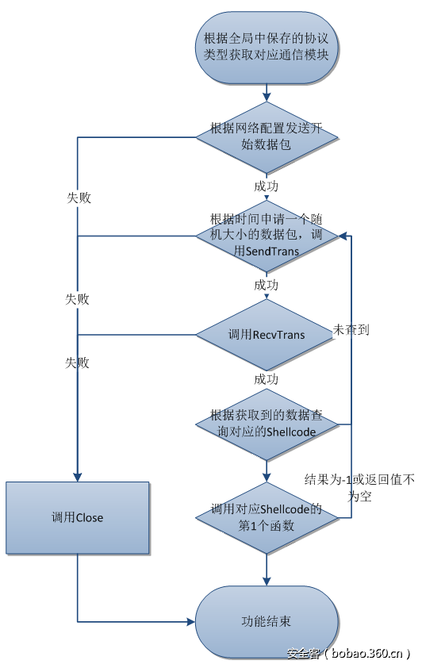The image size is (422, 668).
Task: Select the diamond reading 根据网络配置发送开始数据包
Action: (267, 136)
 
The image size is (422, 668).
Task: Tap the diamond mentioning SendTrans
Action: (267, 235)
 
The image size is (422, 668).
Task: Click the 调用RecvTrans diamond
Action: (267, 335)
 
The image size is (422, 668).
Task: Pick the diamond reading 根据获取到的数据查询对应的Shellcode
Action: (267, 424)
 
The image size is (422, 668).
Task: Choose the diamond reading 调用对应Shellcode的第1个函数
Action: (267, 517)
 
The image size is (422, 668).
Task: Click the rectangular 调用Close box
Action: (78, 517)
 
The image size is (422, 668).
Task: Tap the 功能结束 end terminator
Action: (267, 620)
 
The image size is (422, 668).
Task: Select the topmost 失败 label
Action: (79, 198)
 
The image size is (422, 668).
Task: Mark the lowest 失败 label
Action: (78, 363)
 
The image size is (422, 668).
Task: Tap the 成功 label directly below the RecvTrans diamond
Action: (266, 379)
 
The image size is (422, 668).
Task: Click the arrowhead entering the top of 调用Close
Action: (78, 477)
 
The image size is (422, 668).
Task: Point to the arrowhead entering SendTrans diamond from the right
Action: (342, 236)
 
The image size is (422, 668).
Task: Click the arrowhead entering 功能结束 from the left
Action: (191, 621)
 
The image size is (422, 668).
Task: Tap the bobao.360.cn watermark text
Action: (348, 654)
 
